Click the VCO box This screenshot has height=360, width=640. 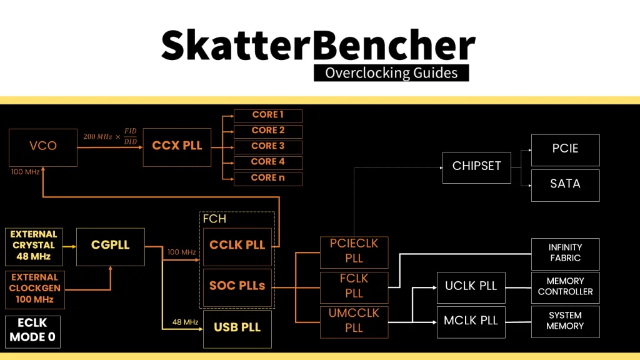click(43, 146)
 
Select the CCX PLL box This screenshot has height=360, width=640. click(177, 146)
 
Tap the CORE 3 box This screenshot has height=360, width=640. click(267, 147)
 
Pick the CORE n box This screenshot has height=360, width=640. click(267, 178)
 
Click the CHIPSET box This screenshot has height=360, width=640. click(476, 166)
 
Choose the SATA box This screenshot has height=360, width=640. click(565, 184)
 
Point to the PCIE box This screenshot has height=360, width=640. click(565, 149)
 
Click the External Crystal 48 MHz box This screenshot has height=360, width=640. click(34, 246)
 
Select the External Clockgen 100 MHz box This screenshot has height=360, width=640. click(34, 288)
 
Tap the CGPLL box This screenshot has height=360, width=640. click(110, 246)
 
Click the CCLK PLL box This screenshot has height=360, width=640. click(237, 246)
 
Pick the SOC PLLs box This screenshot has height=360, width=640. click(237, 286)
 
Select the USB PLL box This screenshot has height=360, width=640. click(237, 328)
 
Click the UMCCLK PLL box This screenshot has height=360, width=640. click(354, 320)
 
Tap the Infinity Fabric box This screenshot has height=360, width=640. click(565, 253)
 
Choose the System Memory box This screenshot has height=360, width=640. click(565, 321)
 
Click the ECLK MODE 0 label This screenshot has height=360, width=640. click(32, 332)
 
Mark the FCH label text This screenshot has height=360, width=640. click(214, 219)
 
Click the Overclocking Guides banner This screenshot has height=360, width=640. click(391, 72)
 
